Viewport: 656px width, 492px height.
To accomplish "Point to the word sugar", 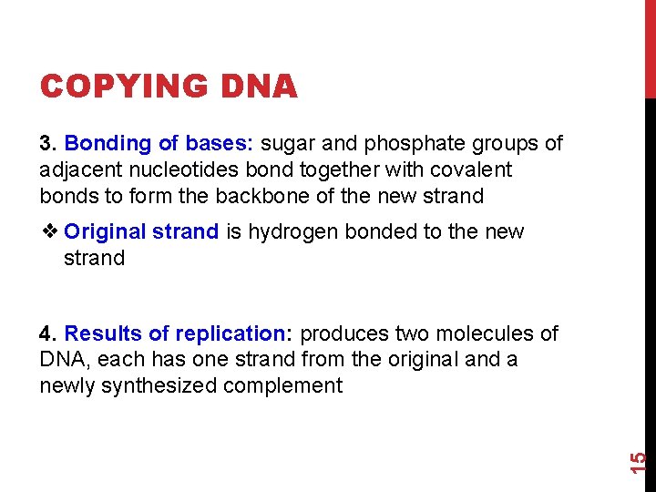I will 289,144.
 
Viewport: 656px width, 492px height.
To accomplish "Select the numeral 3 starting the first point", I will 46,144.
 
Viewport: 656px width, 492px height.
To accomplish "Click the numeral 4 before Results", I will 46,334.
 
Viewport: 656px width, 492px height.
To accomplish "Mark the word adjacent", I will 77,170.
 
